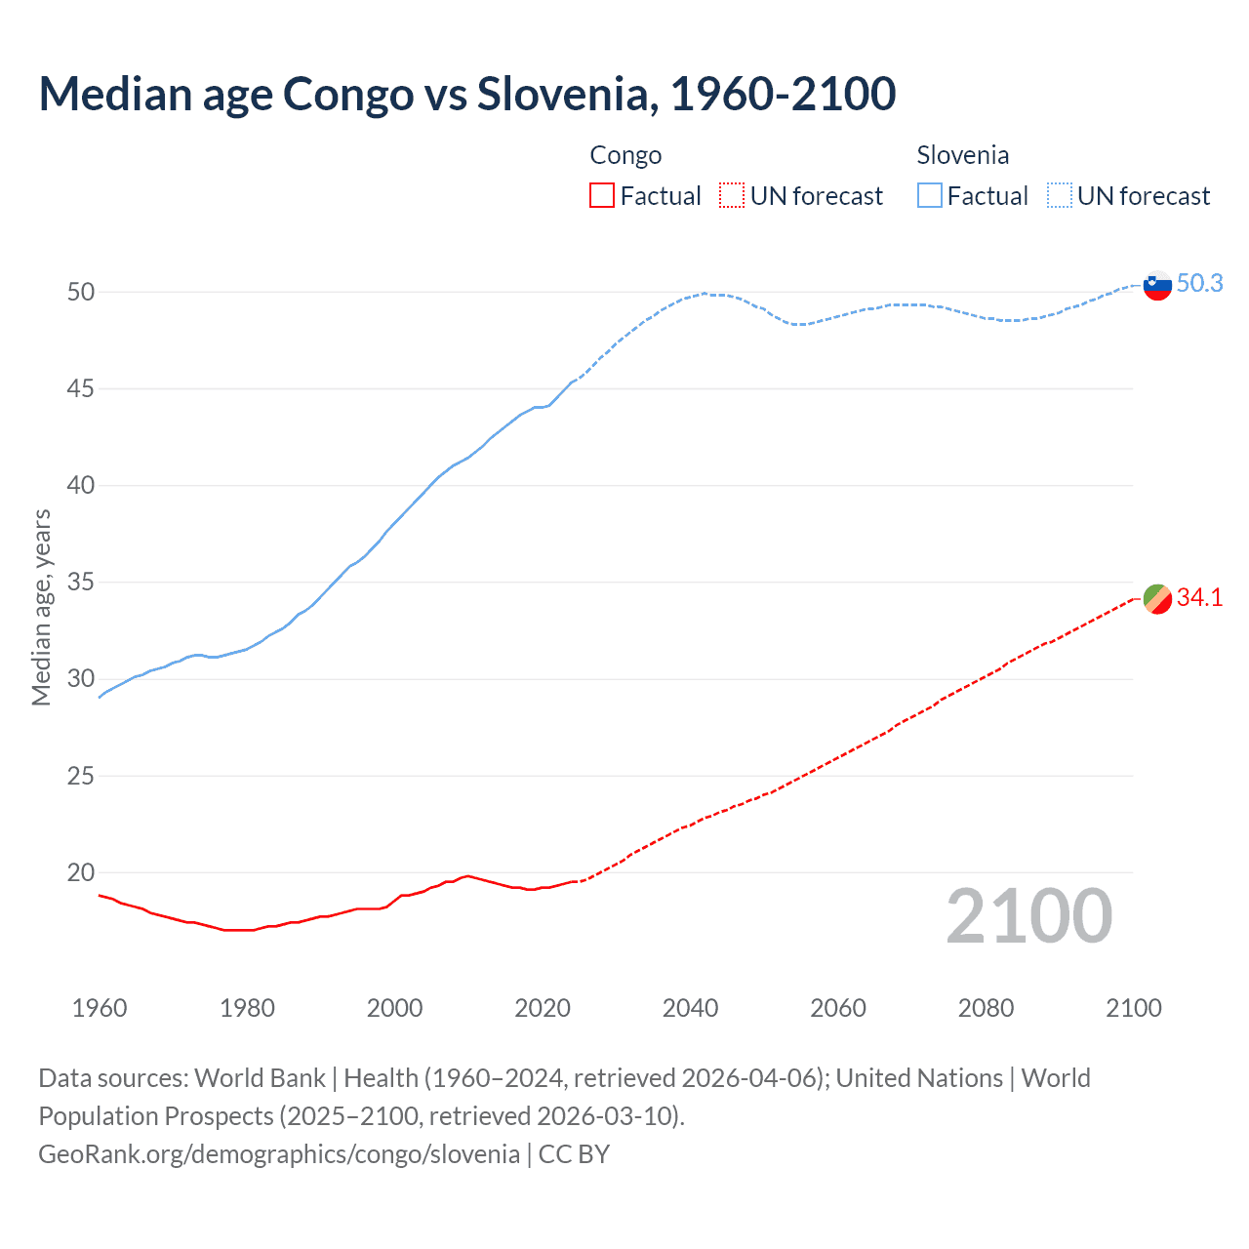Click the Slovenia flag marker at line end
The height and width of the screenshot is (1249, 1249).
coord(1156,285)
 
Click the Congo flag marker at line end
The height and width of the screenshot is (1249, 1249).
coord(1156,598)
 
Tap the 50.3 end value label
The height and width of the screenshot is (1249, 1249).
coord(1199,283)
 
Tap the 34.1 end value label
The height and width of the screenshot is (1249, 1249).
coord(1199,597)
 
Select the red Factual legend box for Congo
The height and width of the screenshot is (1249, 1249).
coord(602,196)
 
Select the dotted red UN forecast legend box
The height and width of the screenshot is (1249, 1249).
coord(732,196)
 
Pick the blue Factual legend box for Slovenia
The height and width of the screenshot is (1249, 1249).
coord(930,196)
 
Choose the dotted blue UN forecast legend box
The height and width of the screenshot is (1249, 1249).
coord(1059,196)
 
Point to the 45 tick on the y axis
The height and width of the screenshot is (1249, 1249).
coord(81,388)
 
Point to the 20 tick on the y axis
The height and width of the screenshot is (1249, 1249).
coord(81,872)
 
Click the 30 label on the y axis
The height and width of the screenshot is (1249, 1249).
coord(81,679)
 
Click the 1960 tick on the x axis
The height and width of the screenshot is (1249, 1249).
coord(100,1008)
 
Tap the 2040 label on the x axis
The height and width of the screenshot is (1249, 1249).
coord(690,1008)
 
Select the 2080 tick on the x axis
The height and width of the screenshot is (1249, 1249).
coord(986,1008)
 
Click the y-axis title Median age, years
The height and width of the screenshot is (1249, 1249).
coord(41,607)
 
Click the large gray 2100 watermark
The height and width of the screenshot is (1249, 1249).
coord(1028,915)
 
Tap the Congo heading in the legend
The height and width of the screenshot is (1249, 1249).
coord(625,155)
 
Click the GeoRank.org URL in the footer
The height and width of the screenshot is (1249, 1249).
coord(279,1154)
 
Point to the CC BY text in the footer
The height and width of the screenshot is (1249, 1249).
coord(574,1154)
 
